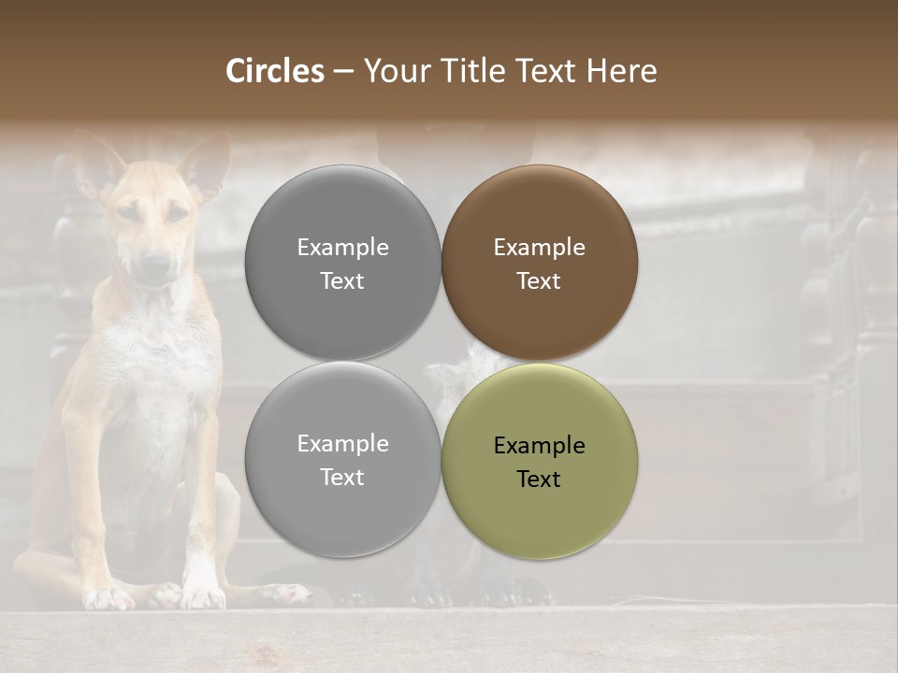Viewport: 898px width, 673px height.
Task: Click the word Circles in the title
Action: (x=274, y=71)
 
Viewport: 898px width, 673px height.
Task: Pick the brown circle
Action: (x=539, y=264)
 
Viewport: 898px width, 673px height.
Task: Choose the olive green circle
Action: (x=539, y=462)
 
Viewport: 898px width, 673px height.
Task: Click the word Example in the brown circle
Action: (x=539, y=248)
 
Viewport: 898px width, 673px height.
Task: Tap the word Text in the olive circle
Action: (x=539, y=480)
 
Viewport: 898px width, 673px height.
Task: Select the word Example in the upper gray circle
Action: (x=342, y=248)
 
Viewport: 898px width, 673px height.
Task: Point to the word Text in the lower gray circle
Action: (x=342, y=478)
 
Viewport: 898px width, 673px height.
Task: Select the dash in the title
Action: (x=343, y=71)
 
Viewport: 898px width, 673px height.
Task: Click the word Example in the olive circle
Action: (x=539, y=446)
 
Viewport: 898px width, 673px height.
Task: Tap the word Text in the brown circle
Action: (x=539, y=281)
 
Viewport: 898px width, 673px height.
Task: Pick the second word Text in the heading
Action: (x=545, y=71)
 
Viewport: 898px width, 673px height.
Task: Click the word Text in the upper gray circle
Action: (x=342, y=281)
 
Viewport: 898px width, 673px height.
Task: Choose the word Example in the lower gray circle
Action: (x=342, y=444)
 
